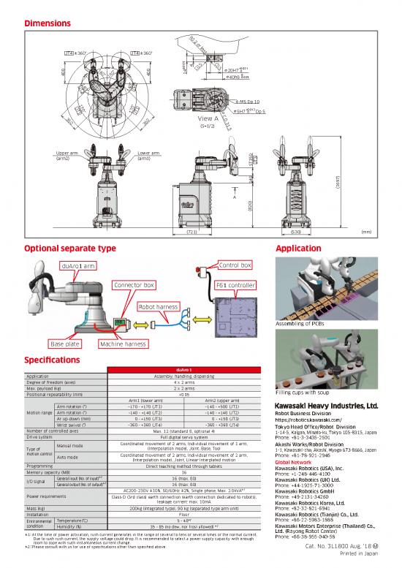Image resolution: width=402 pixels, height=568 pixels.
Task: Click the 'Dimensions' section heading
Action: [x=52, y=24]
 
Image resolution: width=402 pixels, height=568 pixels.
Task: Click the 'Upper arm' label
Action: [x=68, y=154]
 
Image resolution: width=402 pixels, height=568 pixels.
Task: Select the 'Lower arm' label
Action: [x=148, y=154]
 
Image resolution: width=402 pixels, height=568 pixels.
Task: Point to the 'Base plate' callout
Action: [x=64, y=344]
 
